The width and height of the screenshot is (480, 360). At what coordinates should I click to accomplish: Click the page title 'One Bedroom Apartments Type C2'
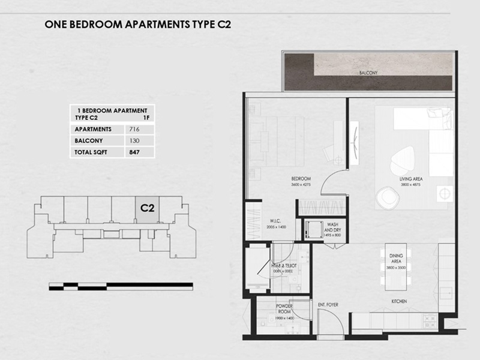click(x=138, y=25)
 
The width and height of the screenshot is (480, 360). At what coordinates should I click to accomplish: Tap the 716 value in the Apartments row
click(x=133, y=130)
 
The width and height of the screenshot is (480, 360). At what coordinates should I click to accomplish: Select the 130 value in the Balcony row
click(x=133, y=141)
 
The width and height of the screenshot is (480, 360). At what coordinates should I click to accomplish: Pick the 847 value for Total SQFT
click(x=134, y=152)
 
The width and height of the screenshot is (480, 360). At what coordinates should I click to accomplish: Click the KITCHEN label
click(x=399, y=301)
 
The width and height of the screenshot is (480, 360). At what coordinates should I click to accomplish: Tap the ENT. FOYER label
click(x=328, y=305)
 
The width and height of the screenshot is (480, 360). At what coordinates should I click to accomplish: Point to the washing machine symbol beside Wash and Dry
click(x=311, y=229)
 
